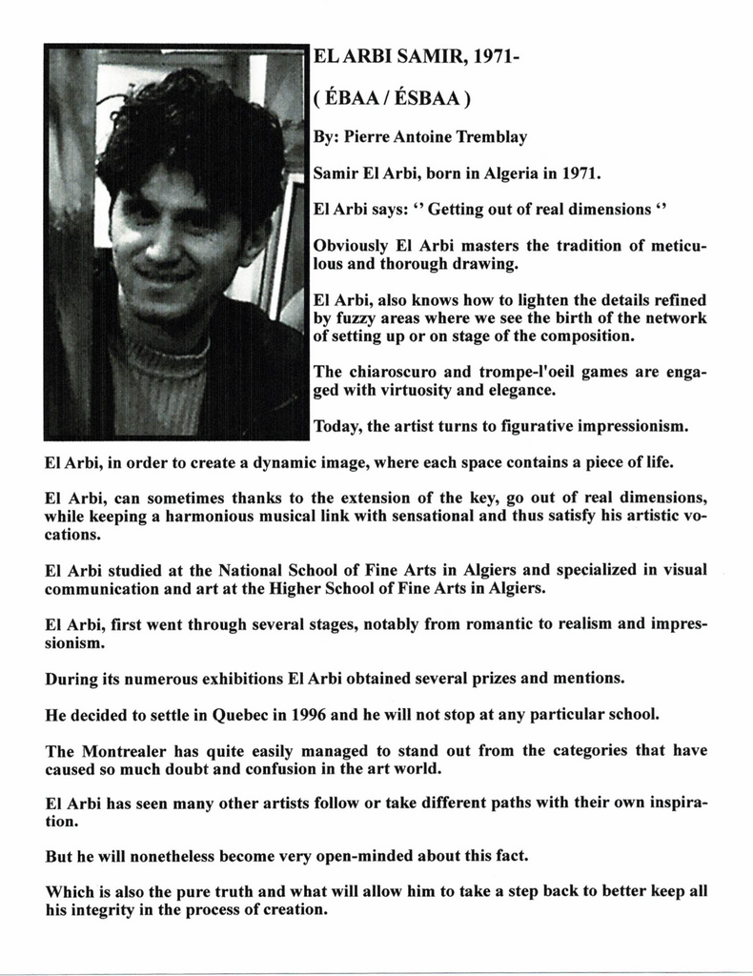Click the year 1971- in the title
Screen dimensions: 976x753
[495, 60]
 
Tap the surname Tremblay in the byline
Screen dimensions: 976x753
[492, 137]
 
